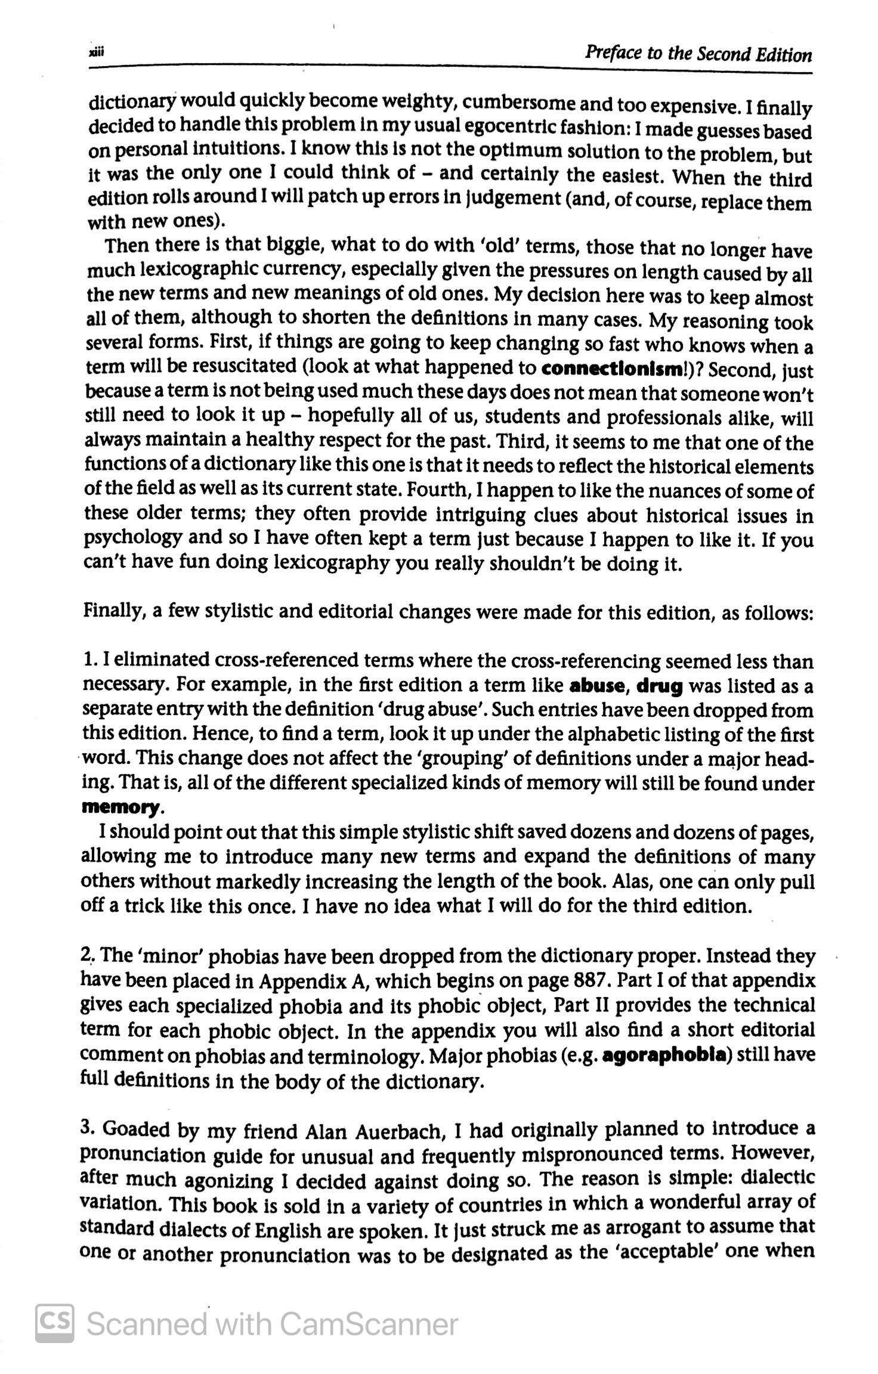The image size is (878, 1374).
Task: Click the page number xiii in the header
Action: (96, 52)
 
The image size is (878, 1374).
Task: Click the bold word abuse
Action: (596, 686)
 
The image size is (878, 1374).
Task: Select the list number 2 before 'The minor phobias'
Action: (85, 955)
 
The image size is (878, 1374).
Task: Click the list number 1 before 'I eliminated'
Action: (88, 661)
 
